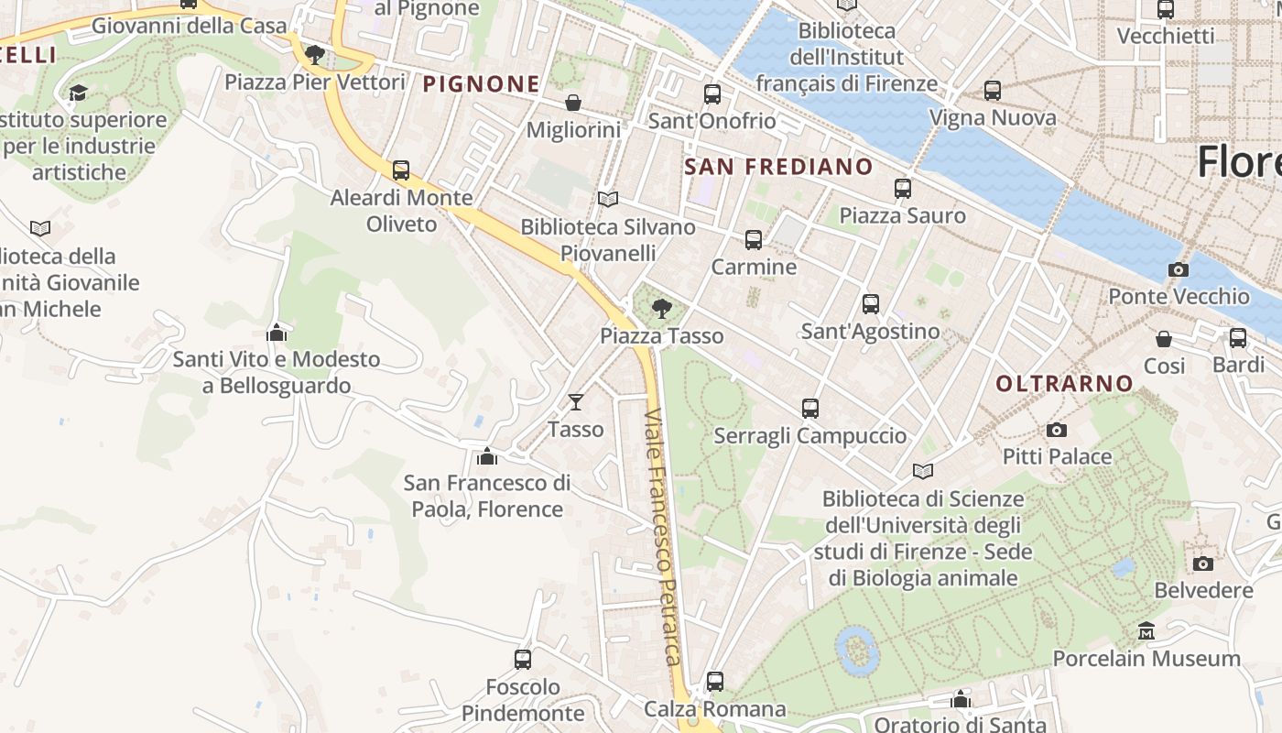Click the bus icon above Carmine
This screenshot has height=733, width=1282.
(x=754, y=240)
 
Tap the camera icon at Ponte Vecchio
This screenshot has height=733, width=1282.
(x=1179, y=269)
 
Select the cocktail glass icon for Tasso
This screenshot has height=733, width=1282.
(x=575, y=401)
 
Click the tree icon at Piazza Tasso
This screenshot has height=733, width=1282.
(x=661, y=309)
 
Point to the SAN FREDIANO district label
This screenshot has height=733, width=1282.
(x=778, y=167)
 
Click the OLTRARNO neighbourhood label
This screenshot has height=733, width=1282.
(x=1064, y=383)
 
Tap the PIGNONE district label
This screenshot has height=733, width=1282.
(x=481, y=84)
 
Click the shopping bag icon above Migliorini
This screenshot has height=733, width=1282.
(x=573, y=102)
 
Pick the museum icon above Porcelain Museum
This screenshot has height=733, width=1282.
(x=1146, y=630)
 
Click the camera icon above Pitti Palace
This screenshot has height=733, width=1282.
(x=1057, y=430)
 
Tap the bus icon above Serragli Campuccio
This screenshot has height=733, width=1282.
(x=810, y=409)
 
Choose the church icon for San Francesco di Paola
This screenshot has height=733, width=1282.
(x=487, y=455)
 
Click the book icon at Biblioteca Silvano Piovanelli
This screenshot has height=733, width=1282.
(x=608, y=199)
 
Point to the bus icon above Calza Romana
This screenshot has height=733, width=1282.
(x=715, y=682)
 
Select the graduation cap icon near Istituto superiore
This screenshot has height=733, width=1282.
(x=78, y=93)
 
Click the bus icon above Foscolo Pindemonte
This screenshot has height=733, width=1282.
(x=523, y=659)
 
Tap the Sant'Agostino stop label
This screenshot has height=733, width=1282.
(x=870, y=331)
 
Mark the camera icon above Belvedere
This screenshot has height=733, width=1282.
(x=1203, y=563)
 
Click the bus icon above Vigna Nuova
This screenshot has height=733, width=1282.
(x=993, y=91)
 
